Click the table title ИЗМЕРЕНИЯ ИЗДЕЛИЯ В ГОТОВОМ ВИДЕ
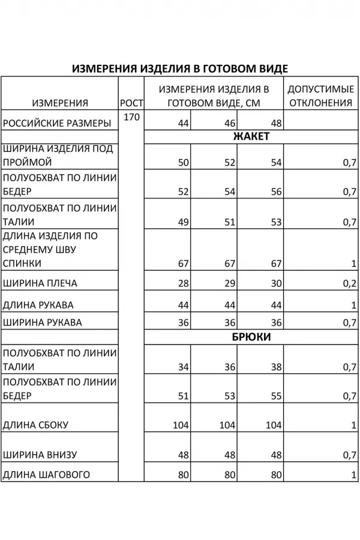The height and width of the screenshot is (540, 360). [180, 68]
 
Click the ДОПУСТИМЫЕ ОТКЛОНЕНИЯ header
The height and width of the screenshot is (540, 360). [320, 95]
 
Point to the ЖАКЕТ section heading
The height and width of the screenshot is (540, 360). [251, 136]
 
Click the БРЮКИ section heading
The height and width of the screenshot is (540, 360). [251, 337]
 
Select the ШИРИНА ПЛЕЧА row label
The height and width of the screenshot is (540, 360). [40, 283]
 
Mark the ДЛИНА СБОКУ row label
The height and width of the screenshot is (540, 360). [36, 425]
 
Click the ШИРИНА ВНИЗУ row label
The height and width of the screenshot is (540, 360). [40, 455]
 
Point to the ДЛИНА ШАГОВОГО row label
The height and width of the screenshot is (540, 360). [47, 475]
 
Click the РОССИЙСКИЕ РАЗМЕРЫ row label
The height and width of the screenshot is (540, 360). [57, 124]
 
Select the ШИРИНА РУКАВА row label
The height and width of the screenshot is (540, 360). [43, 323]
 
